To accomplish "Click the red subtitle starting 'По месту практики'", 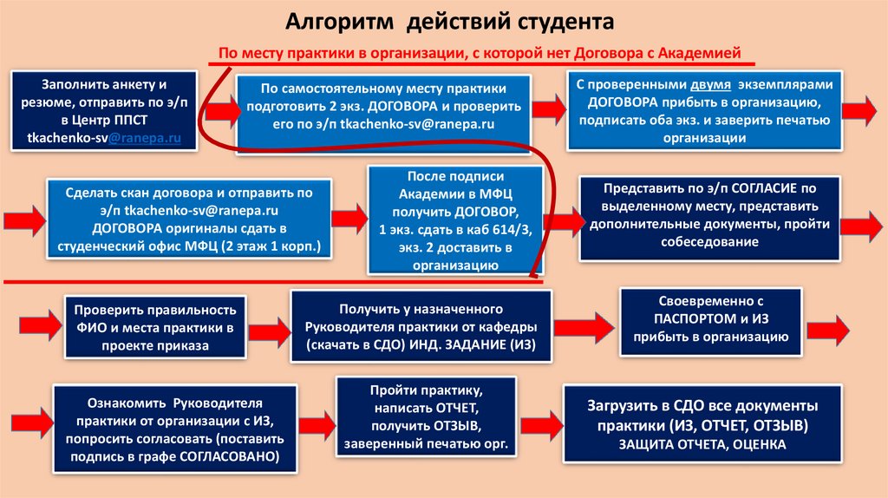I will tap(479, 54).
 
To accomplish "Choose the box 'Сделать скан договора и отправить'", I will tap(189, 220).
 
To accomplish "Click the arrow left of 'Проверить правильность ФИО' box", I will tap(36, 325).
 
